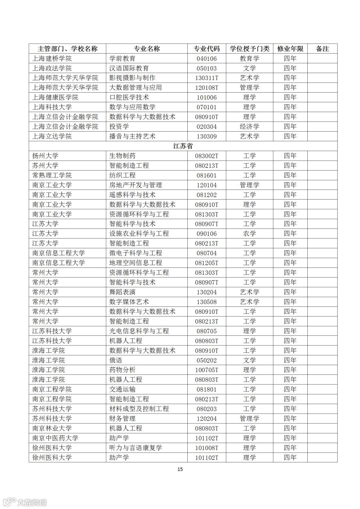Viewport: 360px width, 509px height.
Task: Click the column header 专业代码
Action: (x=207, y=49)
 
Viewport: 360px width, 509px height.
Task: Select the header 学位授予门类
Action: (x=249, y=49)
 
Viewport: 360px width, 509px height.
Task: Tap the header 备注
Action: (x=322, y=49)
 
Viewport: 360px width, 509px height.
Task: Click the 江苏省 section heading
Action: (x=183, y=146)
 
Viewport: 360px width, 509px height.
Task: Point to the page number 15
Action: (x=180, y=469)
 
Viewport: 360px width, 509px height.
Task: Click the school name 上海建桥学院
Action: (x=52, y=59)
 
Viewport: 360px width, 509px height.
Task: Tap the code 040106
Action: (x=207, y=59)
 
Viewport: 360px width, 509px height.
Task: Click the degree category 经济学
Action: (x=249, y=127)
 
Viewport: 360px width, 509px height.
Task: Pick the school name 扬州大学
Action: (x=45, y=156)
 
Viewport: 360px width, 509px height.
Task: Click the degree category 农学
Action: (x=249, y=234)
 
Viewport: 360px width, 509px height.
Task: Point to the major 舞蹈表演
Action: (x=122, y=292)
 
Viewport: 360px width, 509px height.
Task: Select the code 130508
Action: (x=207, y=302)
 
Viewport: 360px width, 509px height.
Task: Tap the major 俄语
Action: (x=116, y=360)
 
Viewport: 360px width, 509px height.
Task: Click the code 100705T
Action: (x=207, y=370)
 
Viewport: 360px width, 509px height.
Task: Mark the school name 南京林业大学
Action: (x=52, y=428)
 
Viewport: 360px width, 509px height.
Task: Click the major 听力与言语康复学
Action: (x=136, y=448)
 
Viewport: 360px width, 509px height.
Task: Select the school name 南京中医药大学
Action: (x=55, y=438)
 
